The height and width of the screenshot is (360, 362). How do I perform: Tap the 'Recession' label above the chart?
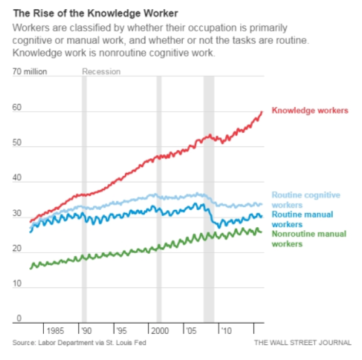(x=101, y=72)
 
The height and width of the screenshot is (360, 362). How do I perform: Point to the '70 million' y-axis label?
(x=30, y=72)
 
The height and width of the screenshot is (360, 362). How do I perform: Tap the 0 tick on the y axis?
(x=19, y=318)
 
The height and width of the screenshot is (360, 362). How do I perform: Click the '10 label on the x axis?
(x=225, y=331)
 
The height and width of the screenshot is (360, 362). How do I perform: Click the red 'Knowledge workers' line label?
(x=310, y=110)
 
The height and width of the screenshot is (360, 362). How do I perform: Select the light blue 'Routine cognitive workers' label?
(x=306, y=200)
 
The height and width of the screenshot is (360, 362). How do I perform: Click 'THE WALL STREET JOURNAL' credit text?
(x=303, y=343)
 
